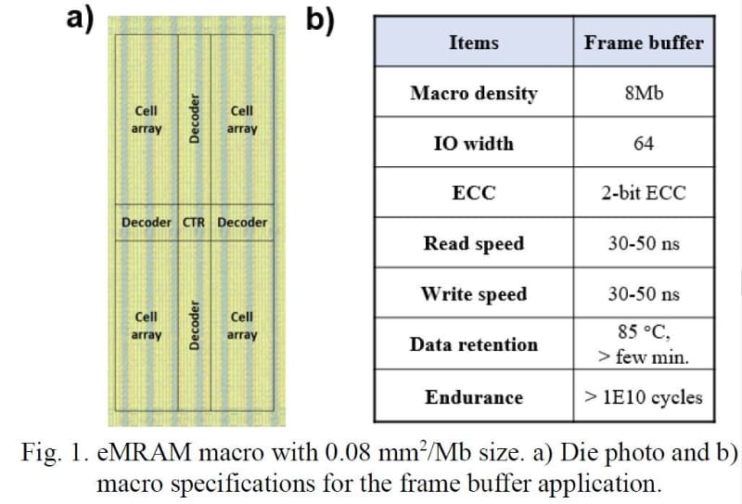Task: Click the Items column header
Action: coord(473,43)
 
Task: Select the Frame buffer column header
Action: coord(644,43)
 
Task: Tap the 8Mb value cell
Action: coord(644,94)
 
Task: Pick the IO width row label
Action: coord(473,144)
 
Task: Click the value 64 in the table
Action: coord(644,144)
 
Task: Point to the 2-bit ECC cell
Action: coord(644,194)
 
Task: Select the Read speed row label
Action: coord(473,244)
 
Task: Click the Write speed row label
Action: coord(473,294)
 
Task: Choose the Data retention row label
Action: coord(473,344)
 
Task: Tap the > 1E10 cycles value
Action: coord(644,397)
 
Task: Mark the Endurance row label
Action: coord(473,397)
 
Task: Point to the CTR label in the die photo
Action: coord(194,223)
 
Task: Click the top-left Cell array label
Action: coord(147,120)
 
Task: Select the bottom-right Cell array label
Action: coord(242,326)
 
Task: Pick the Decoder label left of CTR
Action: coord(147,223)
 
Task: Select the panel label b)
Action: coord(320,19)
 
